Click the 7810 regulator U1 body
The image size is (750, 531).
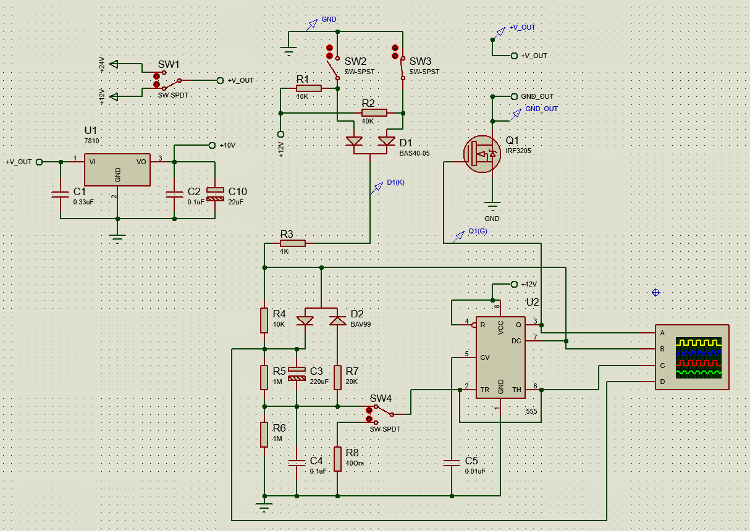[x=117, y=170]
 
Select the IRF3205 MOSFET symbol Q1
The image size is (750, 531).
[x=482, y=154]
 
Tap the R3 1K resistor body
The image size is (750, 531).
[x=293, y=243]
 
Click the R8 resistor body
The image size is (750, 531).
[x=337, y=459]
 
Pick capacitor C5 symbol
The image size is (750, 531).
[x=452, y=462]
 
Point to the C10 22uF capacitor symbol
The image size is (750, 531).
[x=215, y=194]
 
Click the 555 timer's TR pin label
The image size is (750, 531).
[x=484, y=390]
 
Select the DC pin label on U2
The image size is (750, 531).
[x=516, y=341]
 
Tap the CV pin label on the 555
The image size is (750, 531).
[x=484, y=357]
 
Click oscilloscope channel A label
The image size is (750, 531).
[x=662, y=333]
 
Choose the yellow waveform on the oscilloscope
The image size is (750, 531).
[x=699, y=343]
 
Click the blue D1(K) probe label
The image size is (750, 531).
[x=395, y=182]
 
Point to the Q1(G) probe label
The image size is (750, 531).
[x=478, y=231]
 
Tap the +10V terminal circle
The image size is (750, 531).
[x=212, y=145]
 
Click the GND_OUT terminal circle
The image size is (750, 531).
[x=514, y=96]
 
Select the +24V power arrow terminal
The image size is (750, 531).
[x=114, y=64]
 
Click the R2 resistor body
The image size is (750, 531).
[x=374, y=113]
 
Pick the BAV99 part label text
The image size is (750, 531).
[x=361, y=324]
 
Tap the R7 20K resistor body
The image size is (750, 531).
[x=337, y=377]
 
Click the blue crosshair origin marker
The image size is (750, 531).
[x=655, y=293]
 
